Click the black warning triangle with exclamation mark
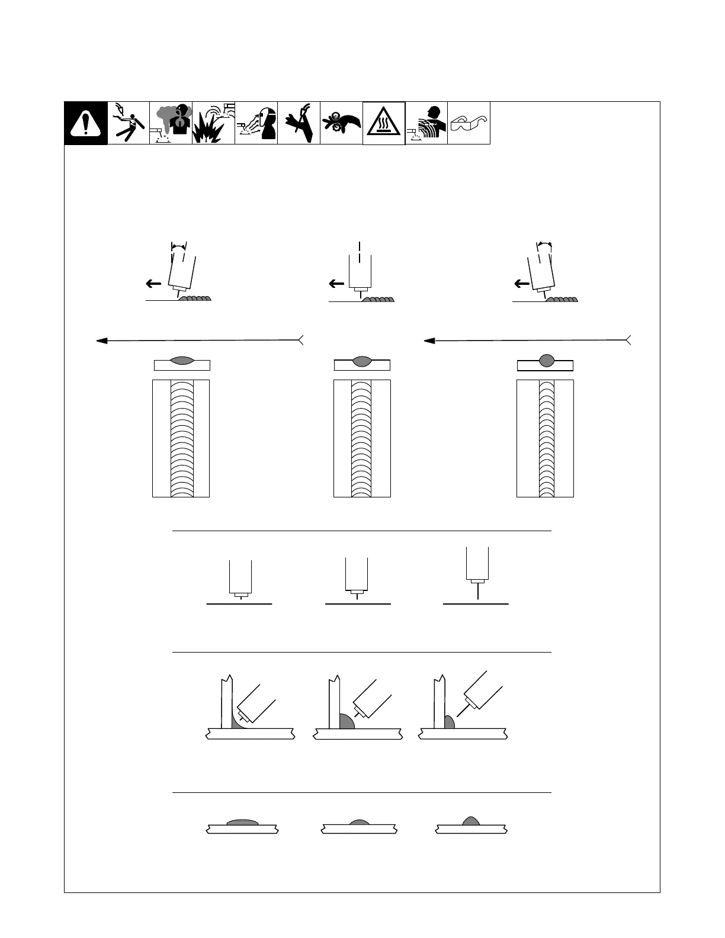point(86,123)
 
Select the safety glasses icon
point(469,123)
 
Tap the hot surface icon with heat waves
point(384,123)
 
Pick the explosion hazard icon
point(213,123)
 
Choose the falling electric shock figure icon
point(129,123)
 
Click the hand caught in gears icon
point(341,123)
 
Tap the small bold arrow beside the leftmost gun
point(153,284)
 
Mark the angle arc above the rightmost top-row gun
point(544,244)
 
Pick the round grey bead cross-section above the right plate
point(546,359)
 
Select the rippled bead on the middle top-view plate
point(362,438)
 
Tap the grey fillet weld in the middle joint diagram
point(346,722)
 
